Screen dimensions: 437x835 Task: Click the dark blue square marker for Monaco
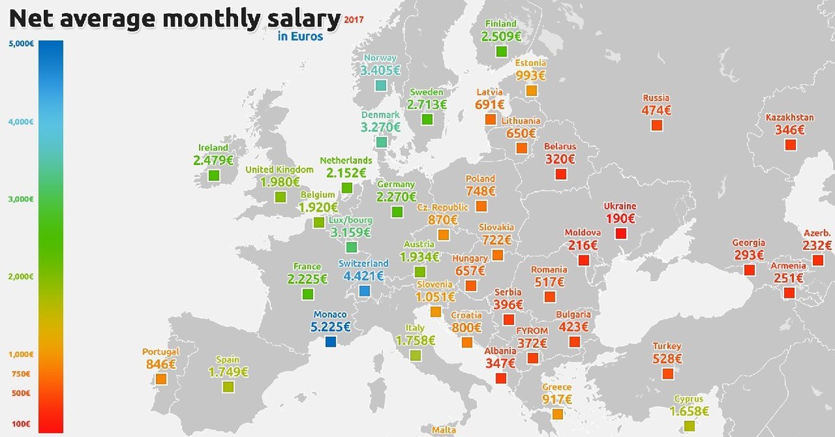click(x=331, y=342)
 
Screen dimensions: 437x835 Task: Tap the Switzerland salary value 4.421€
click(x=361, y=276)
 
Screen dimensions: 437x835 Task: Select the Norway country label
click(x=380, y=58)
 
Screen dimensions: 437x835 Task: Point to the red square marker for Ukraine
click(x=621, y=233)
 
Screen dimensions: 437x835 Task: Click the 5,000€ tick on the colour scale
click(x=22, y=44)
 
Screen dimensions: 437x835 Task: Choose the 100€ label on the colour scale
click(x=22, y=423)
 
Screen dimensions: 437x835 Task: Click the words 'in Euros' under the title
click(x=300, y=36)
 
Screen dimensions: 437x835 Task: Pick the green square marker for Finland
click(x=502, y=51)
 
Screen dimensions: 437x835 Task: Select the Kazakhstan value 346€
click(x=790, y=129)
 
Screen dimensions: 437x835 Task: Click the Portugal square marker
click(x=161, y=379)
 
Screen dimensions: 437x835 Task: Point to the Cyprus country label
click(x=688, y=399)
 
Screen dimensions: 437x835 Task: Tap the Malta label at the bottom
click(x=444, y=430)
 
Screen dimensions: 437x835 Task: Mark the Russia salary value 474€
click(x=656, y=110)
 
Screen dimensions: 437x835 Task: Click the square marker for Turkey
click(x=668, y=374)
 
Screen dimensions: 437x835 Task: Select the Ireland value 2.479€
click(x=214, y=160)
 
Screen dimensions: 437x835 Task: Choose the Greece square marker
click(x=557, y=413)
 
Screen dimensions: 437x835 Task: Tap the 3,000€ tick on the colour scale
click(x=22, y=199)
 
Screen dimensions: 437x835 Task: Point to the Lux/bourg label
click(x=351, y=220)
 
